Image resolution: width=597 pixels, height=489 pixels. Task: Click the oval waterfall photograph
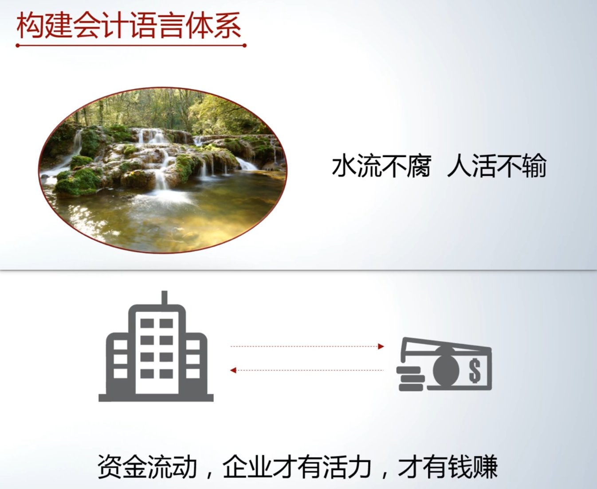[163, 170]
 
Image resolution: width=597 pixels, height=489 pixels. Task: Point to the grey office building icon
[156, 346]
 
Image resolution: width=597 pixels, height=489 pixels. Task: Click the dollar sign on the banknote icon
[475, 371]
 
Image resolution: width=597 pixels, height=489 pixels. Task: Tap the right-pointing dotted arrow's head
[381, 346]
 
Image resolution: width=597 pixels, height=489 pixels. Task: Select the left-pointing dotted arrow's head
[233, 370]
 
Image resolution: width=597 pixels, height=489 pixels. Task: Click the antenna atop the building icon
[164, 298]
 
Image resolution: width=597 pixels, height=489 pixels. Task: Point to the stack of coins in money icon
[410, 378]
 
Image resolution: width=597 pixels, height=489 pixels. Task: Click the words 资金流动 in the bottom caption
[147, 467]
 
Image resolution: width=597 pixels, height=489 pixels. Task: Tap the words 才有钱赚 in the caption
[448, 467]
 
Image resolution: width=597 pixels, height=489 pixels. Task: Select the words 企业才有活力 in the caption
[297, 467]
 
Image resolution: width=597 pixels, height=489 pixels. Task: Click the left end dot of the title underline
[18, 46]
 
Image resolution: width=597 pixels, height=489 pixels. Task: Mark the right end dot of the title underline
[244, 46]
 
